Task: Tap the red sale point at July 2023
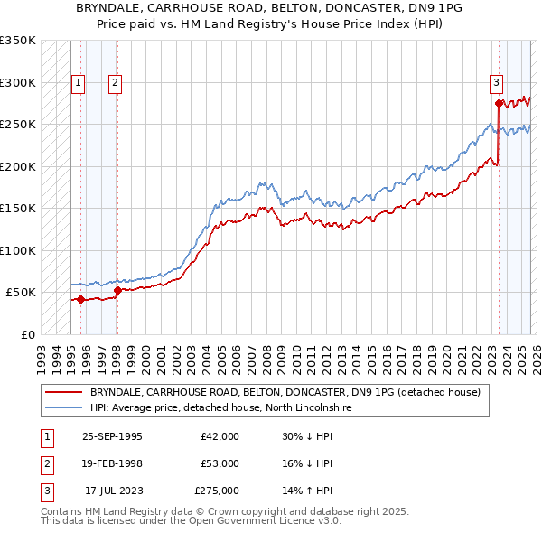click(x=499, y=103)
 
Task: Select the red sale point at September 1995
click(x=81, y=299)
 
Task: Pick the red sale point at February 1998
click(x=117, y=290)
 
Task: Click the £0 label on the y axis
click(x=27, y=334)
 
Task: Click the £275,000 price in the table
click(x=217, y=491)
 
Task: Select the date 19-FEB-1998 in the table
click(x=112, y=463)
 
